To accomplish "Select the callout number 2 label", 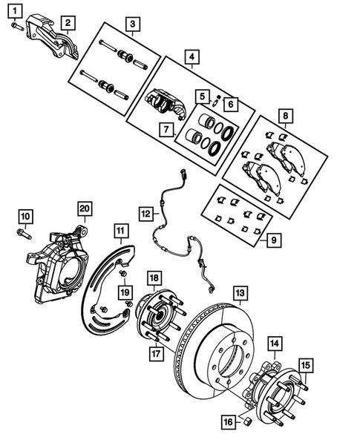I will coord(68,23).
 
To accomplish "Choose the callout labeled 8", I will coord(284,116).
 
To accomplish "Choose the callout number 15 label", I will coord(306,364).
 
